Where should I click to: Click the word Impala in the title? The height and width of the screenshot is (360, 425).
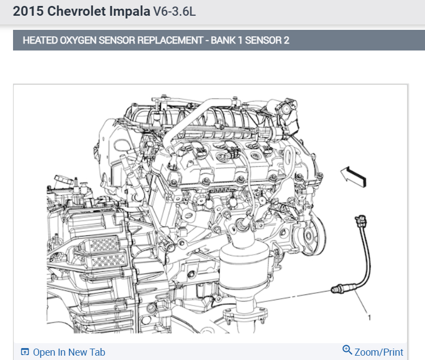tap(129, 11)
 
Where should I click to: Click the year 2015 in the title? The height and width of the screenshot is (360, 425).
tap(28, 11)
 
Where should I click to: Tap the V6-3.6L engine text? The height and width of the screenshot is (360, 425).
tap(174, 11)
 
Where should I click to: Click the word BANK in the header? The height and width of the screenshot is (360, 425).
tap(223, 40)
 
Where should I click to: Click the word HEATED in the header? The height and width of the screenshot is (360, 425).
tap(40, 40)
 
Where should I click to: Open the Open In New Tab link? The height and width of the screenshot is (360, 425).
tap(69, 352)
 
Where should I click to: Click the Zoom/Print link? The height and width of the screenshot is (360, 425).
tap(379, 352)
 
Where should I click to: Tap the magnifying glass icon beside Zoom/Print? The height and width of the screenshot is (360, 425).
tap(347, 350)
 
